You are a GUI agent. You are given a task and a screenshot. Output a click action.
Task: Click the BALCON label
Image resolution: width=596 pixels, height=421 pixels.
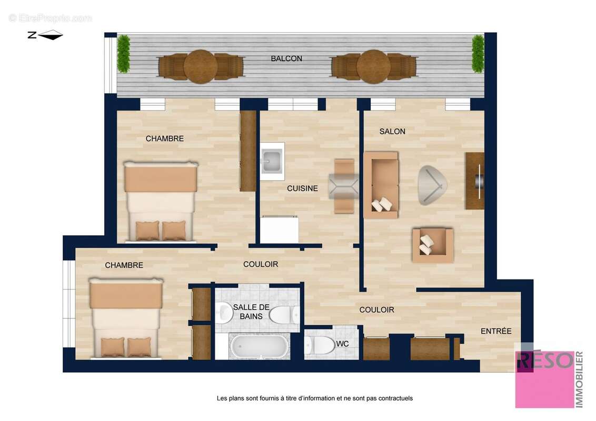[x=286, y=58]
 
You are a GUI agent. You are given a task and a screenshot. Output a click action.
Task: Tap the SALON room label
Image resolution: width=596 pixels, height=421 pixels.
[x=392, y=131]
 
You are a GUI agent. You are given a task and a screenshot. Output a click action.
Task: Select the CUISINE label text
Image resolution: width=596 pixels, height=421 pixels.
[x=302, y=188]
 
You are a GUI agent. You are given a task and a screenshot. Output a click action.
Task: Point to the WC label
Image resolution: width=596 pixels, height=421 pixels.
[x=343, y=344]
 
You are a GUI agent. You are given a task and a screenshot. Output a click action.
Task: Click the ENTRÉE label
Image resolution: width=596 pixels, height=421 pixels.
[x=496, y=331]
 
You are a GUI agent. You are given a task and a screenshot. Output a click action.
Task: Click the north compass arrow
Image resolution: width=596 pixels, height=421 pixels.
[x=46, y=35]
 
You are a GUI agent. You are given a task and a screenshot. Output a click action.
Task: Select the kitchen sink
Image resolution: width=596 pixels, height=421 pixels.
[x=272, y=158]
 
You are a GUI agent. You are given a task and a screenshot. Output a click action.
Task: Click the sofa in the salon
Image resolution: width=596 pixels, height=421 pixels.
[x=381, y=185]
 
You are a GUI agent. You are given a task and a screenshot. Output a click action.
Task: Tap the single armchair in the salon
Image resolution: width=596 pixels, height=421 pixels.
[x=432, y=245]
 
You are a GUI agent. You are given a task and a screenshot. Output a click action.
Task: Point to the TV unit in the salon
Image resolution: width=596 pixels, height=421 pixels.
[x=474, y=181]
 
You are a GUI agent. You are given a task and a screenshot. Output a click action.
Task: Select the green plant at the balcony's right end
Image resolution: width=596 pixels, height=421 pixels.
[x=478, y=53]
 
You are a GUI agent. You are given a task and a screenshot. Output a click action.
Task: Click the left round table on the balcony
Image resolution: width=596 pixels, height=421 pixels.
[x=201, y=67]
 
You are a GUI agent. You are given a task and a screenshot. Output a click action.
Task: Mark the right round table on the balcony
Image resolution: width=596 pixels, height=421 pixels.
[x=373, y=67]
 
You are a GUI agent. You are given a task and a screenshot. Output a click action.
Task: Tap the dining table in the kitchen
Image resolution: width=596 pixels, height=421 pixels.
[x=344, y=186]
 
